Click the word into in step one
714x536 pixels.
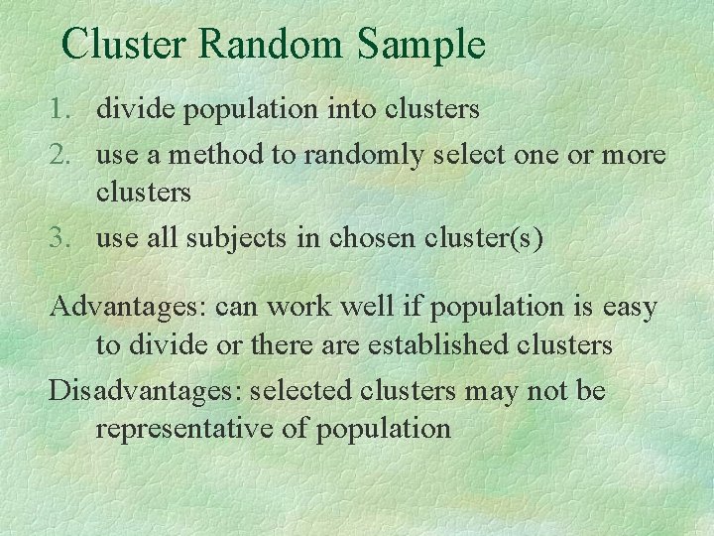tap(362, 108)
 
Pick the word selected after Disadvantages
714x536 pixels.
tap(301, 391)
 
